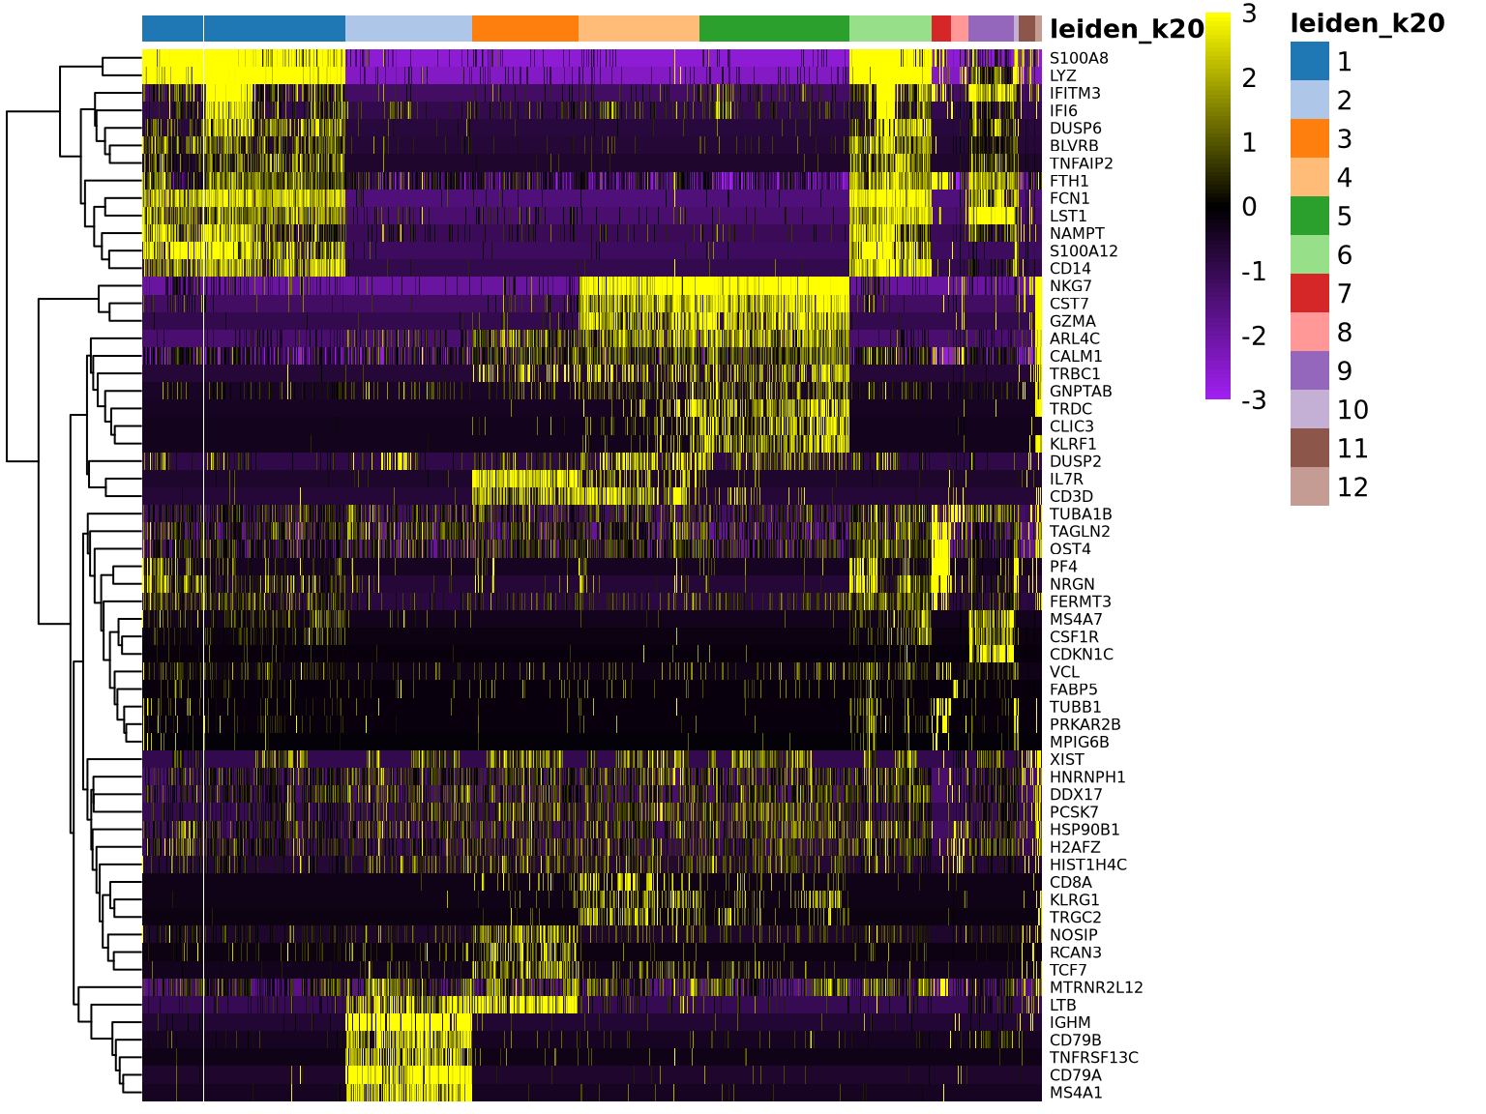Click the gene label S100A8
[x=1079, y=58]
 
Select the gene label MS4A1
[x=1076, y=1093]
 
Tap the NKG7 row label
[x=1070, y=286]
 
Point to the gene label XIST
[x=1066, y=760]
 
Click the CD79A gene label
[x=1075, y=1075]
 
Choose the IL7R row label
[x=1066, y=480]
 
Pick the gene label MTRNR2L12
[x=1096, y=987]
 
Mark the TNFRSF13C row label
[x=1093, y=1058]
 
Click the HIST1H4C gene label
[x=1087, y=865]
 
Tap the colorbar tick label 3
[x=1249, y=14]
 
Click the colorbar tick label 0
[x=1249, y=207]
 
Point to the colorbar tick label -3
[x=1253, y=400]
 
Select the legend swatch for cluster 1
[x=1310, y=61]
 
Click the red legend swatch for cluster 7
[x=1310, y=293]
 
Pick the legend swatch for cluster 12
[x=1310, y=486]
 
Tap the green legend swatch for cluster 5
[x=1310, y=216]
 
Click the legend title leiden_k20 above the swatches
[x=1367, y=24]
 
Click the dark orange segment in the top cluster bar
[x=524, y=28]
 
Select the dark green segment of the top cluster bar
[x=774, y=28]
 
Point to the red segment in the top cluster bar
[x=940, y=28]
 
